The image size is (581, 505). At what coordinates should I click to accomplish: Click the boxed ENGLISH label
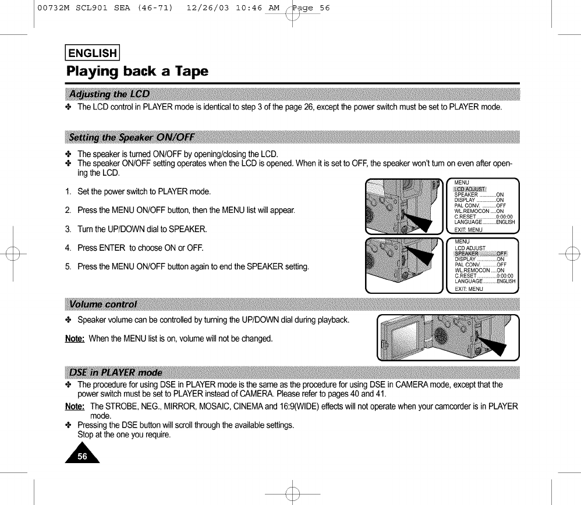coord(93,54)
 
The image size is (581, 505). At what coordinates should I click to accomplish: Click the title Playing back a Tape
coord(137,72)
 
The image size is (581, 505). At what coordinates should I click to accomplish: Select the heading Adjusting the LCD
coord(109,94)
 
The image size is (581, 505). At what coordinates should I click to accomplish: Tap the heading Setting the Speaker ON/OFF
coord(132,138)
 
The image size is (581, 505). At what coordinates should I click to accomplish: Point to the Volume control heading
coord(102,304)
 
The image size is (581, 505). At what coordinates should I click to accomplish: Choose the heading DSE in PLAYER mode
coord(115,372)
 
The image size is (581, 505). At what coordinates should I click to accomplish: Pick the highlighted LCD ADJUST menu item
coord(470,189)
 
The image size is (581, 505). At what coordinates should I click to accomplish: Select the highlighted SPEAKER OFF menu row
coord(480,254)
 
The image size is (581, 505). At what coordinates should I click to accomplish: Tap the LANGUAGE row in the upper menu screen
coord(484,222)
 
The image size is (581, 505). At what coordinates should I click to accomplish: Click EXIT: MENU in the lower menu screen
coord(469,289)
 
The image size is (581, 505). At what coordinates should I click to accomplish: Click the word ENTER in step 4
coord(112,248)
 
